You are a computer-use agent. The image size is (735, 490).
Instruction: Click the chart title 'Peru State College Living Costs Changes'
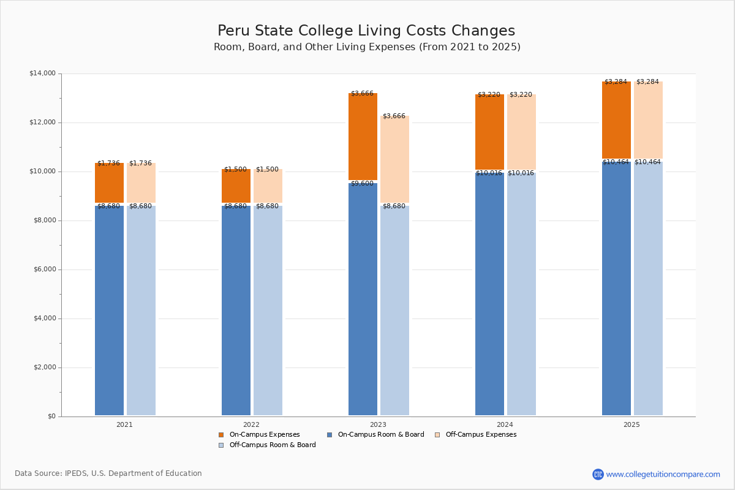click(366, 31)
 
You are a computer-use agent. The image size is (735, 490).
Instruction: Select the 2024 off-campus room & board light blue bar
click(521, 294)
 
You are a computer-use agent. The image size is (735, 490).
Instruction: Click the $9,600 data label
click(362, 184)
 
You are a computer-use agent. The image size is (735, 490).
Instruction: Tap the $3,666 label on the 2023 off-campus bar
click(394, 116)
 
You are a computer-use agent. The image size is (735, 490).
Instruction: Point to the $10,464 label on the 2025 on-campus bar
click(616, 162)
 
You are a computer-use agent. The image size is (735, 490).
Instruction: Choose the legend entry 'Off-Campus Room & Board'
click(272, 445)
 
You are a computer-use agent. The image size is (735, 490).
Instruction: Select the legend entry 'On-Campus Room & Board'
click(380, 435)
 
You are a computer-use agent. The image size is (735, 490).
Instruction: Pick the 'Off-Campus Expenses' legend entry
click(480, 435)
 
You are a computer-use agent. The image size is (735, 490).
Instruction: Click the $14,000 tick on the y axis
click(42, 73)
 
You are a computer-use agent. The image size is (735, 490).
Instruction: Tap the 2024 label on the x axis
click(505, 424)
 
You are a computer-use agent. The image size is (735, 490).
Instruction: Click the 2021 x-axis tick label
click(124, 424)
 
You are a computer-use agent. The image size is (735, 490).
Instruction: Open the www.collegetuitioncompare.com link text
click(663, 475)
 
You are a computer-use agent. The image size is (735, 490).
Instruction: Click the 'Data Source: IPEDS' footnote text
click(108, 473)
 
